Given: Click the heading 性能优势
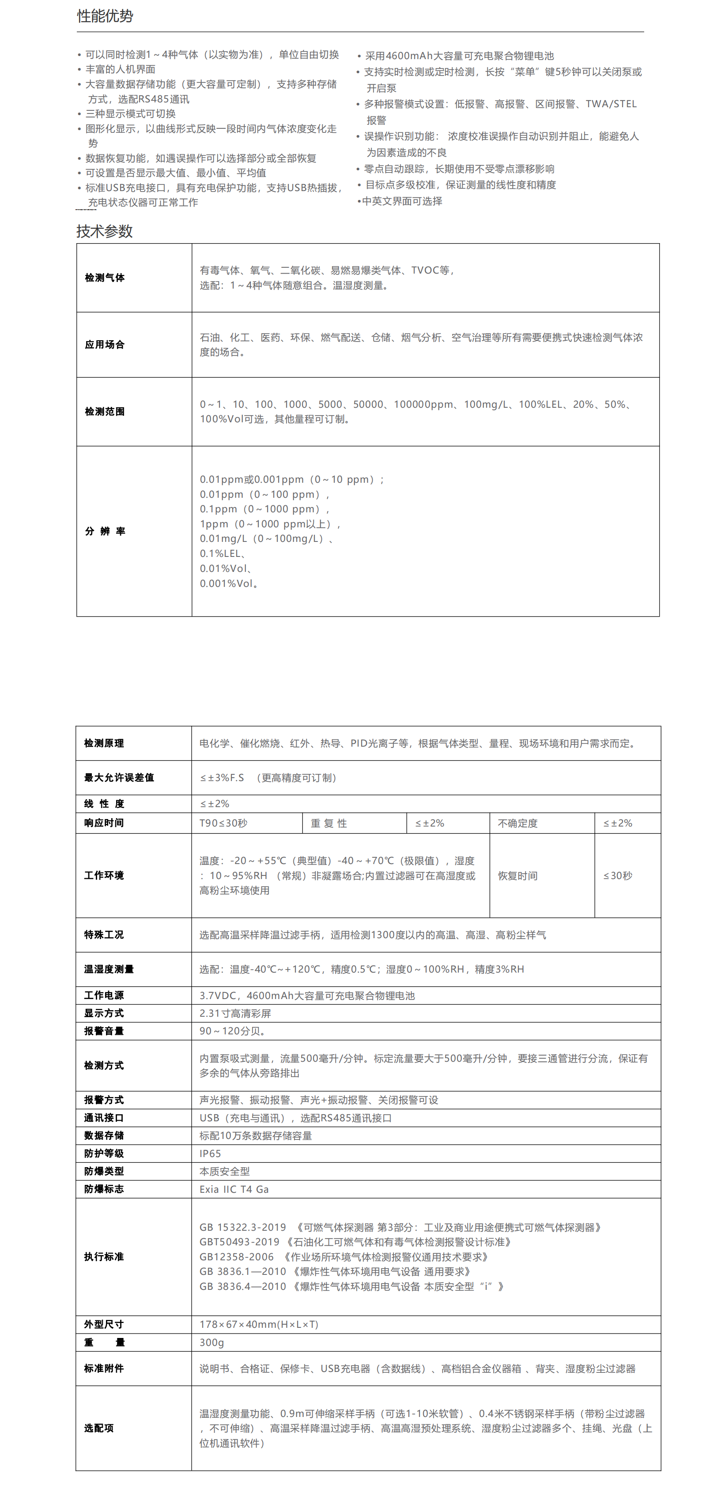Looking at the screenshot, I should point(105,16).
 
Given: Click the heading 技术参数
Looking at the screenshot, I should point(105,232).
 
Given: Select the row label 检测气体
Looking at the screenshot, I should point(105,278).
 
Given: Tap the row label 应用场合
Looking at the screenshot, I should point(105,345).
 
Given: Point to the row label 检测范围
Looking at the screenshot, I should point(105,412).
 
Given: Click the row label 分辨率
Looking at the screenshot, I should point(105,531).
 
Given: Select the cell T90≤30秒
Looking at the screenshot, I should point(223,823).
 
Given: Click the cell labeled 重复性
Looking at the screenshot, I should point(329,823).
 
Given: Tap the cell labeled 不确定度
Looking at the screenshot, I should point(517,823).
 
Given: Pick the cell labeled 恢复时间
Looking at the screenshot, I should point(517,876).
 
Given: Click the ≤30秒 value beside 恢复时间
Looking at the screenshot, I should point(618,876).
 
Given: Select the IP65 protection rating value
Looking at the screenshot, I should point(210,1154).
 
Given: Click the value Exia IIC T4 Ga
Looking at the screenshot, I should point(234,1189).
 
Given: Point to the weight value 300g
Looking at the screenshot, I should point(211,1342).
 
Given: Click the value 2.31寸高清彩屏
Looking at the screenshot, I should point(235,1013).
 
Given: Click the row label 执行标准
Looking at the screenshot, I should point(104,1257).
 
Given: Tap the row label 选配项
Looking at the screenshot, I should point(99,1428).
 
